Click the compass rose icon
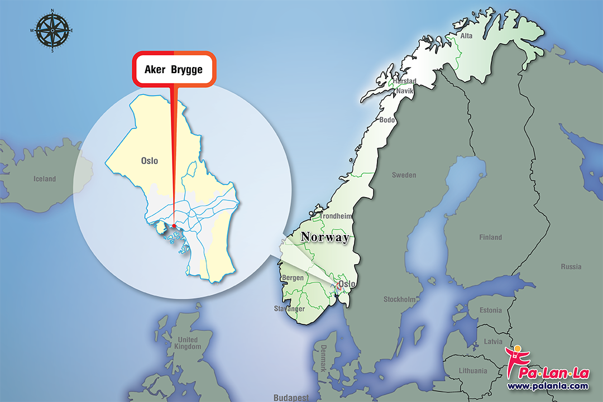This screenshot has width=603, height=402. coord(52,30)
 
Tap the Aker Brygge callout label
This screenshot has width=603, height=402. coord(174,70)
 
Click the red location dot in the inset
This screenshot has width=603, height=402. coord(174,226)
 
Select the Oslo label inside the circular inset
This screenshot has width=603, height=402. coord(149,161)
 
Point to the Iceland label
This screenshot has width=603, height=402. coord(45,179)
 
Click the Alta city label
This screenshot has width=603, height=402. coord(466,36)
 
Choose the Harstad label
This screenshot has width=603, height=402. coord(405,82)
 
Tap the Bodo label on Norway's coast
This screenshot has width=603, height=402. coord(387,120)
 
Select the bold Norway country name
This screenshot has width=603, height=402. coord(325,237)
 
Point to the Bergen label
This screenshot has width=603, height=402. coord(294,277)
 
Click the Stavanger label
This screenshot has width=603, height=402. coord(289,309)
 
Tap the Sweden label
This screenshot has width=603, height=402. coord(404,175)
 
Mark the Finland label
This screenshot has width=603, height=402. coord(490,237)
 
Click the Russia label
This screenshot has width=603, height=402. coord(571,266)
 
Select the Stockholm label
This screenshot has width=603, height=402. coord(399,299)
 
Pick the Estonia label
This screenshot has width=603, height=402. coord(491,310)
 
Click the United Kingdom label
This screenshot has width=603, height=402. coord(187,343)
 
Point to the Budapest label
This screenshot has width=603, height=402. coord(291,398)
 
